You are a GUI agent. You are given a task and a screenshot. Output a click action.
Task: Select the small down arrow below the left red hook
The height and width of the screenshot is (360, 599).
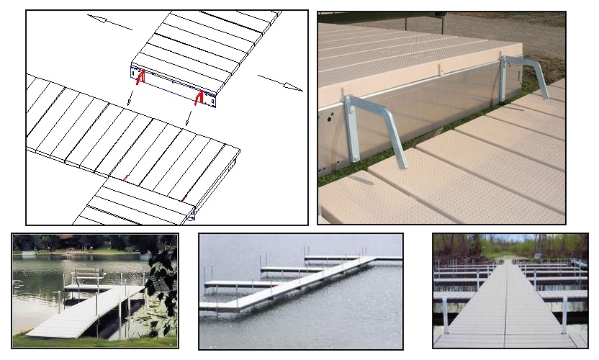pos(130,100)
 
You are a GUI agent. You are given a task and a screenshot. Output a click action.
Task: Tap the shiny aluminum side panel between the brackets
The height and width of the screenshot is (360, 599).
pos(432,108)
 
